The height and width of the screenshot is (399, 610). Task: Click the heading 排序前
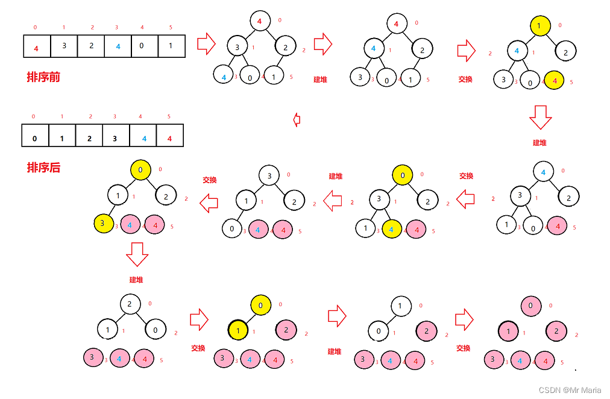[x=43, y=77]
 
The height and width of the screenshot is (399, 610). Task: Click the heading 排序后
[x=43, y=168]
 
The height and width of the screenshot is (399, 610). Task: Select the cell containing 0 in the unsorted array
[x=145, y=46]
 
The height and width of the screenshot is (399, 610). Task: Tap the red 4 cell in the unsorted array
[x=37, y=46]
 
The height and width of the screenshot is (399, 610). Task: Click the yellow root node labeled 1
[x=541, y=26]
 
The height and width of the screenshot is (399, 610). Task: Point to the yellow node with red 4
[x=555, y=80]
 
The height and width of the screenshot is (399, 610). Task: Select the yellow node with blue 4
[x=391, y=229]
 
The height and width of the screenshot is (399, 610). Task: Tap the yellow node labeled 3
[x=104, y=224]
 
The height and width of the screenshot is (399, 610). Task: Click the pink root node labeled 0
[x=531, y=306]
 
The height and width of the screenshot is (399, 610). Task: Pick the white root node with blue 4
[x=543, y=172]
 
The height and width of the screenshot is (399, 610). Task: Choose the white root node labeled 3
[x=269, y=176]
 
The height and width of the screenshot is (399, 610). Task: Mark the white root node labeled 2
[x=130, y=304]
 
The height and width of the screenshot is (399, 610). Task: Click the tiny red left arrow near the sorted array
[x=296, y=119]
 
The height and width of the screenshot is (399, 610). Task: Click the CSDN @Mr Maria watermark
[x=570, y=391]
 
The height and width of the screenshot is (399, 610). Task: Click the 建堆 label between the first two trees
[x=320, y=80]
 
